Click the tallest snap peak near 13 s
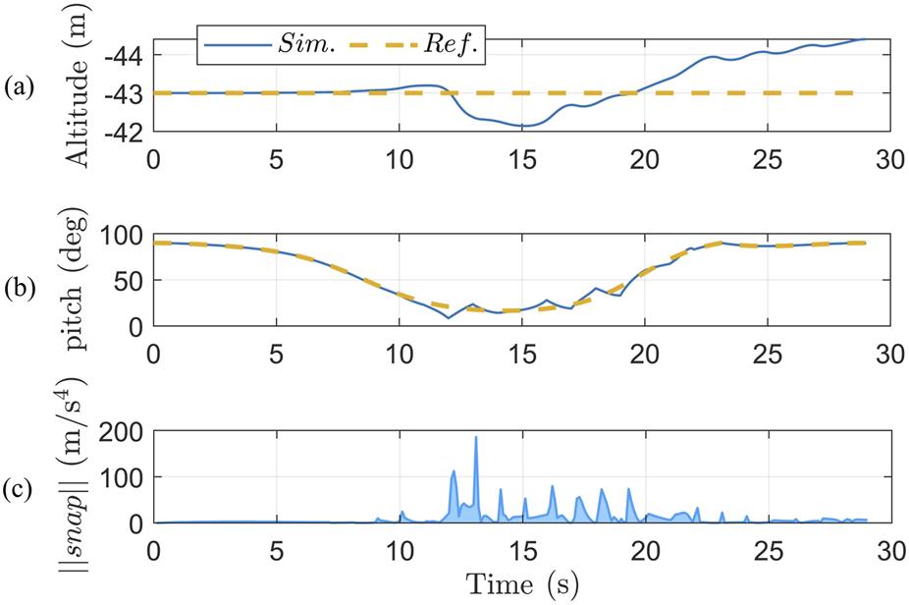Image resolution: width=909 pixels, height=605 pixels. (476, 438)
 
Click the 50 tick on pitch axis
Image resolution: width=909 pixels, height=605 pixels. (130, 281)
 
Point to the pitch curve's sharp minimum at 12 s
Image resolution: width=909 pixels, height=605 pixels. (449, 317)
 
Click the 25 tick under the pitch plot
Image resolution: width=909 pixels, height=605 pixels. (767, 351)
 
